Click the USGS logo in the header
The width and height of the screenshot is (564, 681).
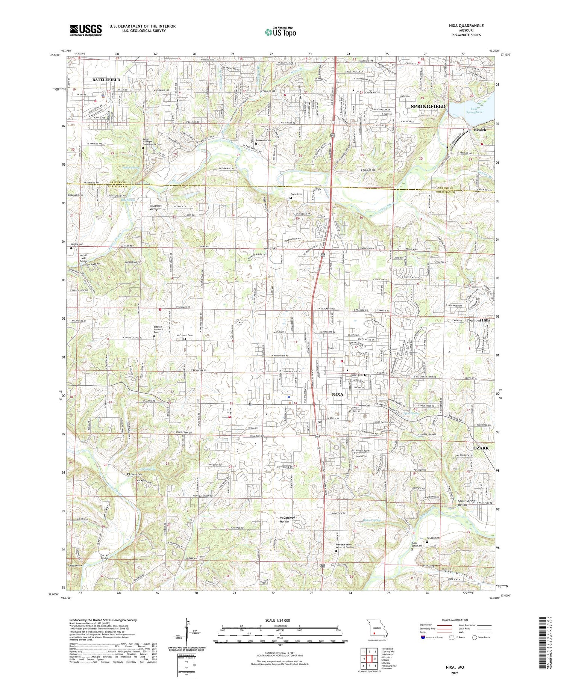tap(86, 30)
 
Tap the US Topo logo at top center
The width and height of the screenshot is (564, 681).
tap(280, 32)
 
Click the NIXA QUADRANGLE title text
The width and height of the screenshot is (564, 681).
tap(464, 26)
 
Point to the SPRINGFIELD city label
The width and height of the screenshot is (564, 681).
tap(428, 106)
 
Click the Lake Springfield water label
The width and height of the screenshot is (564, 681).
tap(473, 110)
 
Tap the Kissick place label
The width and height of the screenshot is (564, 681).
tap(480, 130)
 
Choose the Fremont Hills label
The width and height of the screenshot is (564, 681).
tap(478, 320)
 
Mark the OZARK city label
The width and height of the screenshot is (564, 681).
tap(481, 448)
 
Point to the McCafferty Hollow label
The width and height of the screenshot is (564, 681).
tap(290, 519)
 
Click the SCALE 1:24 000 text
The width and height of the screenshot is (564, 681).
tap(280, 620)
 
